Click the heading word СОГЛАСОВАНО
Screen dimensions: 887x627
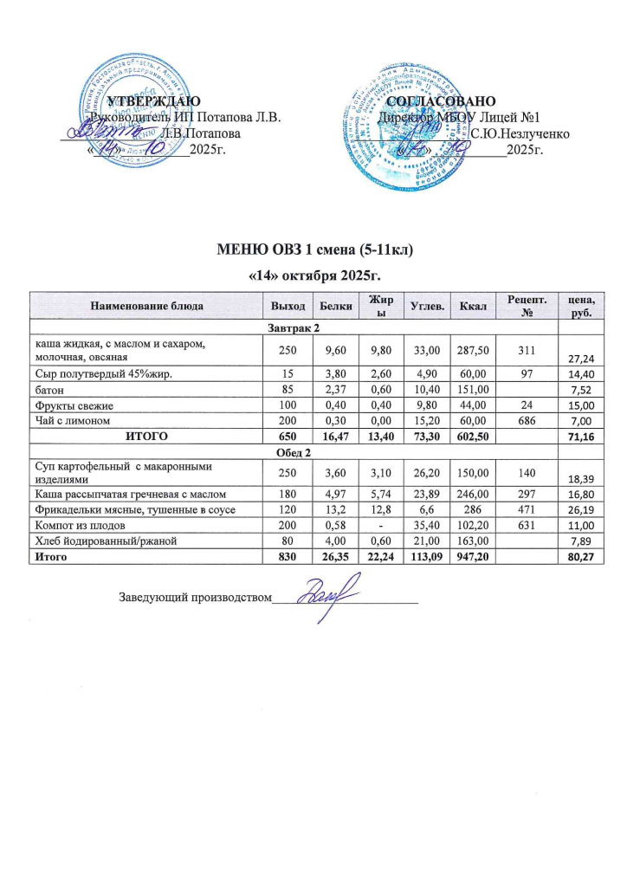[442, 102]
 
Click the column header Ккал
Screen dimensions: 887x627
[475, 306]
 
